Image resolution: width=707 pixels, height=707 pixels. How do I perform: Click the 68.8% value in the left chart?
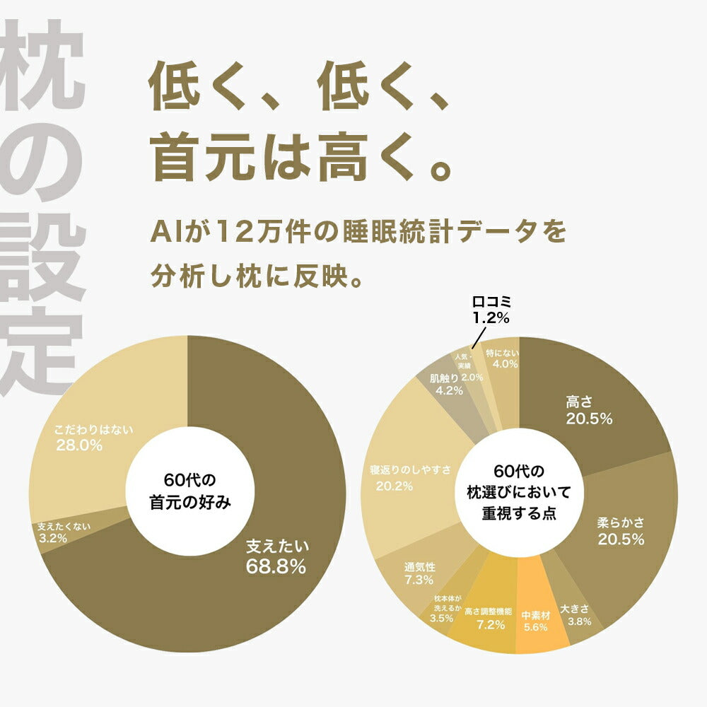pyautogui.click(x=276, y=566)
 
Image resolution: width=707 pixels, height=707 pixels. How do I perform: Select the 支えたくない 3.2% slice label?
pyautogui.click(x=64, y=532)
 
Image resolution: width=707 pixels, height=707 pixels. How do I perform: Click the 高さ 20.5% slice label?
pyautogui.click(x=588, y=411)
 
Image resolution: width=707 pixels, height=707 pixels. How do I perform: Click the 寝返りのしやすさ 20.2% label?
pyautogui.click(x=411, y=478)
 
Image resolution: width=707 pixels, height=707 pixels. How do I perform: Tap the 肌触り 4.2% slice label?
pyautogui.click(x=449, y=384)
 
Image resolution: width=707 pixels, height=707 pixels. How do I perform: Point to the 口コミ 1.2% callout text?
pyautogui.click(x=491, y=310)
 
